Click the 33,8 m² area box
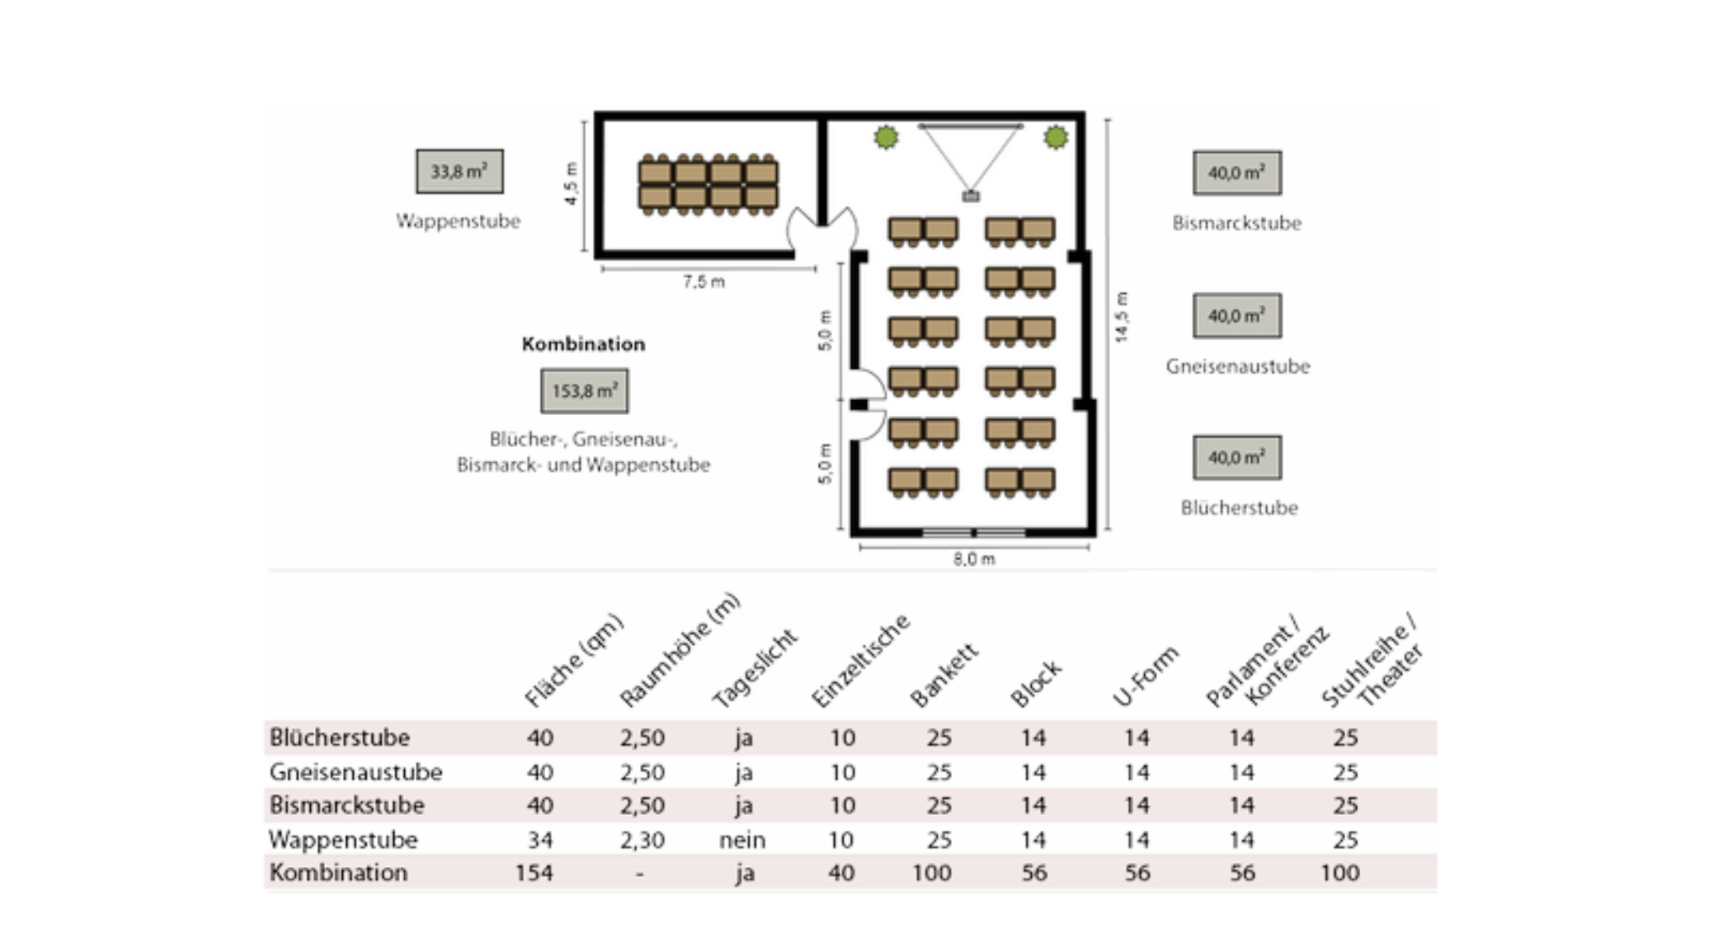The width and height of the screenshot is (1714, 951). coord(460,171)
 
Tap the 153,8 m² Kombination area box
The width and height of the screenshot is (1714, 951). coord(584,391)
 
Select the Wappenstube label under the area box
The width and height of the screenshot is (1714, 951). coord(458,221)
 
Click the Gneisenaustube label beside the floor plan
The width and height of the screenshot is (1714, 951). coord(1238,366)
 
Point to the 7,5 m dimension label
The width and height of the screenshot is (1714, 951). coord(704,282)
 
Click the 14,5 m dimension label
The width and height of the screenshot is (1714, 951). coord(1122,317)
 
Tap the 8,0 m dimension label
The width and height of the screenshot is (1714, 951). coord(974,560)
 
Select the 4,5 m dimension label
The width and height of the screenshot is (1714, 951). coord(571,184)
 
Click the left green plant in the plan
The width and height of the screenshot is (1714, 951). coord(886,137)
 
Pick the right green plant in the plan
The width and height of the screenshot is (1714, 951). coord(1056,137)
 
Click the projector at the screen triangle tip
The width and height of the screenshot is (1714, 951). coord(970,197)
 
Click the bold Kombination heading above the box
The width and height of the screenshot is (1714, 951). coord(583,344)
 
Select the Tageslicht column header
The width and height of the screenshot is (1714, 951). coord(754,670)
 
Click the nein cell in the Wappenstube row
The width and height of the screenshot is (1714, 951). coord(743,840)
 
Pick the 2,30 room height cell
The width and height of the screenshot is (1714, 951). coord(642,840)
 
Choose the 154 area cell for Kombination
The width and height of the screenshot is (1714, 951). coord(534,873)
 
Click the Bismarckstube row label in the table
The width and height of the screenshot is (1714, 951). coord(346,806)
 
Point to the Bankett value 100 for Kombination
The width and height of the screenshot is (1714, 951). coord(932,873)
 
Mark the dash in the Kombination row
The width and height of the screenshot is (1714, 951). coord(640,875)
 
